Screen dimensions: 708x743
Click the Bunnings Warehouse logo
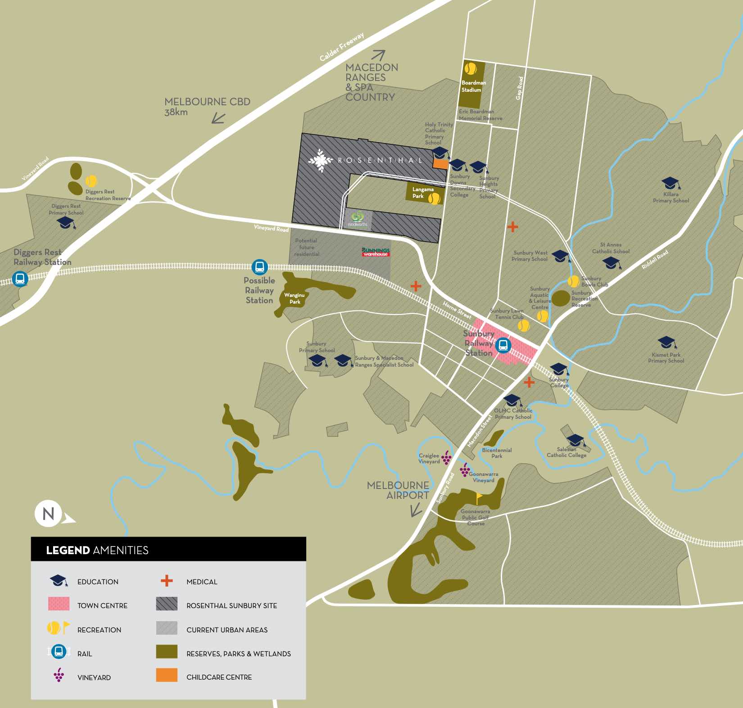tap(376, 252)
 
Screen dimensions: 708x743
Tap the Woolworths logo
tap(358, 219)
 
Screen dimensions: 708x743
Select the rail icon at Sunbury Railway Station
tap(503, 345)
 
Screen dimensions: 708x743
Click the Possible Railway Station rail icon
tap(259, 267)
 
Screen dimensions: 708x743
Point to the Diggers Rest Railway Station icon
tap(20, 278)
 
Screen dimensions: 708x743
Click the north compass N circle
tap(48, 514)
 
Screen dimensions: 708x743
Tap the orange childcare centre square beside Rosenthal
tap(440, 164)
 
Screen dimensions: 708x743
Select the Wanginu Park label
tap(294, 298)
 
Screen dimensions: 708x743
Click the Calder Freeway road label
tap(342, 47)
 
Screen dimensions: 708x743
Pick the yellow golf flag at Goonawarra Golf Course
tap(480, 497)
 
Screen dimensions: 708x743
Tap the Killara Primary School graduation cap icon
tap(671, 184)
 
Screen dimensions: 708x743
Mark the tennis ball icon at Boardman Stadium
tap(471, 69)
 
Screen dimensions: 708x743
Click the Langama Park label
tap(422, 193)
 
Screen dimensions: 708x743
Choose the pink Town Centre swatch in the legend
tap(59, 604)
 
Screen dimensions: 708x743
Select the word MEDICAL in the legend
tap(202, 582)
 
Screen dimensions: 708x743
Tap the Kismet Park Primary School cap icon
tap(666, 343)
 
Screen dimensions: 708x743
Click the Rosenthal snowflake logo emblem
tap(321, 161)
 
